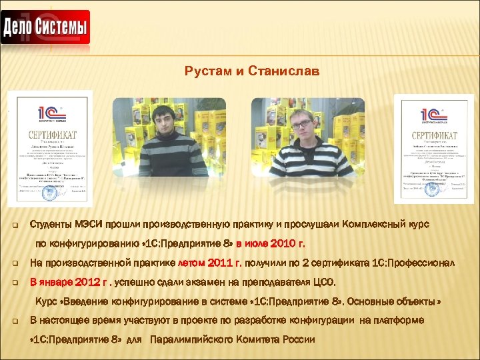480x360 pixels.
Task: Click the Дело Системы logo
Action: [45, 28]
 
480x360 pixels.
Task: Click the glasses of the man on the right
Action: [302, 124]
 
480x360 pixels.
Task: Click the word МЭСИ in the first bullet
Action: [88, 225]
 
